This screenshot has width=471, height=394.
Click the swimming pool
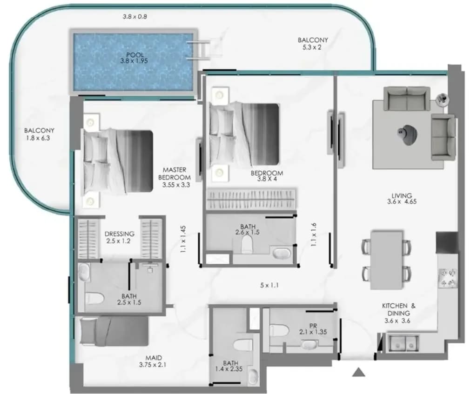coord(134,61)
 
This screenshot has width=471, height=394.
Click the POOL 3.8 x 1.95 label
coord(134,58)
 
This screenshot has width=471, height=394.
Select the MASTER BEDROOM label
coord(175,174)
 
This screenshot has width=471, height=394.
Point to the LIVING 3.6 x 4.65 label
coord(402,199)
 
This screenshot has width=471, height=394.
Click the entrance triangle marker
coord(359,372)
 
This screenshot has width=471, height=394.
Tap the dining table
coord(387,260)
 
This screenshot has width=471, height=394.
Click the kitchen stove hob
coord(448,278)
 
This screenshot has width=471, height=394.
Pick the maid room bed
coord(114,331)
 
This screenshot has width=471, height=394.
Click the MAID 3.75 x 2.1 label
coord(153,361)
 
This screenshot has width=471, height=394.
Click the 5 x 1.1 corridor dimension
coord(269,285)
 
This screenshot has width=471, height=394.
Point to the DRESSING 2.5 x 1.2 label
coord(119,237)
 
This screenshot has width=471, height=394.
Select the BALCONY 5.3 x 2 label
coord(313,44)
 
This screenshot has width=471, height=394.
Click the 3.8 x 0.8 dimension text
coord(135,17)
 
